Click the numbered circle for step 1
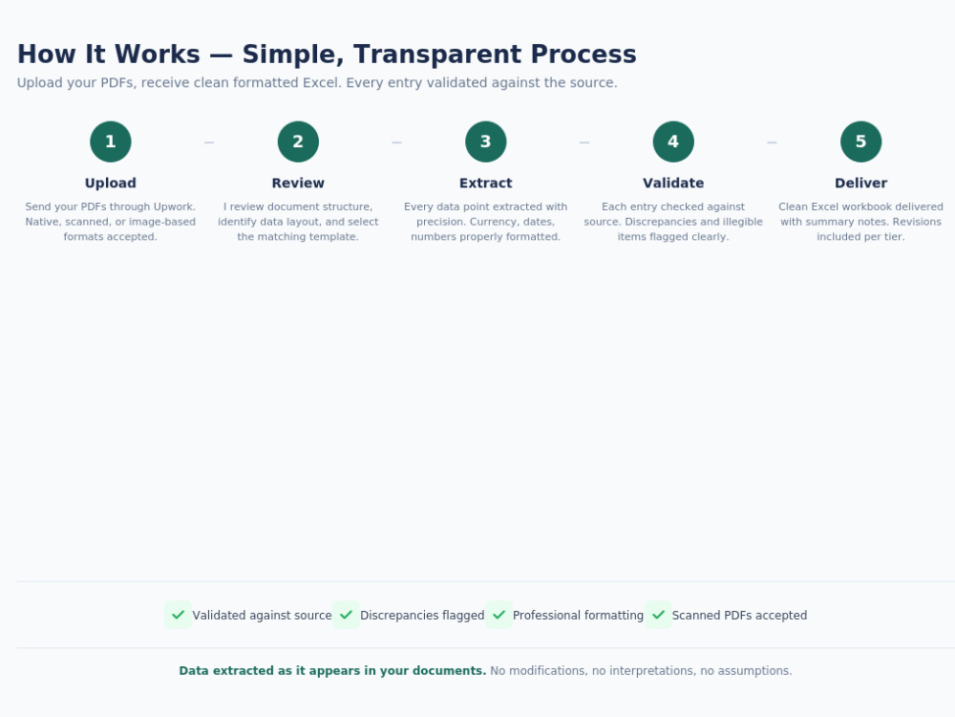(x=110, y=141)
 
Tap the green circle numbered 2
(x=298, y=141)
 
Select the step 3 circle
(x=485, y=141)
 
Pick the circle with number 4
(x=673, y=141)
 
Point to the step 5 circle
(x=860, y=141)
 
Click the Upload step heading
(x=110, y=183)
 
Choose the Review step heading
(x=298, y=183)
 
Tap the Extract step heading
(x=485, y=183)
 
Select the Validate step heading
(x=673, y=183)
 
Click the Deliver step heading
(x=860, y=183)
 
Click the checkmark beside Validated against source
(x=178, y=615)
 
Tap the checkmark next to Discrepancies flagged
(x=346, y=615)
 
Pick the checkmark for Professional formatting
(x=499, y=615)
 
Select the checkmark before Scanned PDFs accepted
(x=658, y=615)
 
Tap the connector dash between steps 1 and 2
(x=209, y=142)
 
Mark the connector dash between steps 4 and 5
(x=772, y=142)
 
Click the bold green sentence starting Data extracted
(x=332, y=671)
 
